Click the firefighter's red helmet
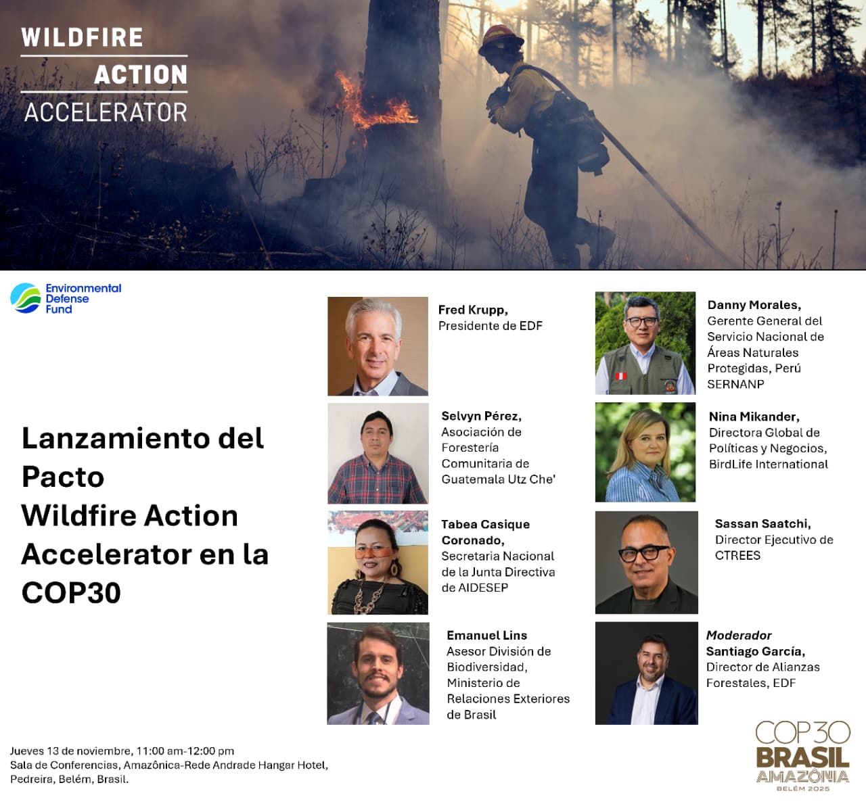(x=501, y=40)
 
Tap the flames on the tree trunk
(x=373, y=102)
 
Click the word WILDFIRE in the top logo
(x=82, y=37)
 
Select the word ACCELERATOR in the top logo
(x=106, y=112)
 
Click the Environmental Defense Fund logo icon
(x=25, y=298)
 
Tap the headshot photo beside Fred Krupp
(x=378, y=346)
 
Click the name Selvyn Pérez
(x=481, y=416)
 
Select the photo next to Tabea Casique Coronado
(x=378, y=563)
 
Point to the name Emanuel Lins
(x=486, y=635)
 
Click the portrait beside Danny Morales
(x=645, y=343)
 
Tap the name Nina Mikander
(x=754, y=417)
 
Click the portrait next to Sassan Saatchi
(x=646, y=563)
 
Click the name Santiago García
(x=755, y=651)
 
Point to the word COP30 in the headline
(x=71, y=593)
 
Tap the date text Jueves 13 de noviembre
(x=71, y=751)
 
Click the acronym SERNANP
(x=735, y=384)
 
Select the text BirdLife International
(x=769, y=465)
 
